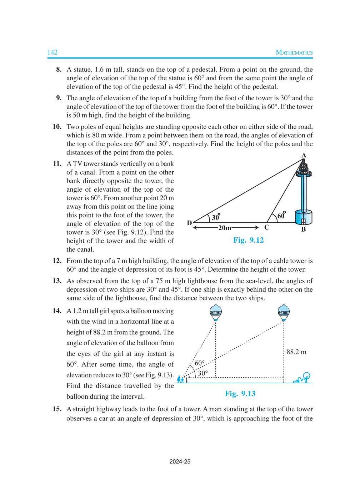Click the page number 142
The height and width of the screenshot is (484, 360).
click(52, 52)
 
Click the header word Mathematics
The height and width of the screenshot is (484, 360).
click(294, 52)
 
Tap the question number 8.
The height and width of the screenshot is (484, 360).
click(59, 70)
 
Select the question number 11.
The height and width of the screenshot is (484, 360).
click(57, 164)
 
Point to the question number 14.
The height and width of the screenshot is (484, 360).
click(57, 311)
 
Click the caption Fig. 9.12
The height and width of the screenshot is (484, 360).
click(248, 240)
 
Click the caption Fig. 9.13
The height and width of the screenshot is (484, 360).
click(240, 394)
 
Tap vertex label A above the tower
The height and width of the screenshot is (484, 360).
click(304, 155)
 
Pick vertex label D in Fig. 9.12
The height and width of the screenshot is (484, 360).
click(189, 223)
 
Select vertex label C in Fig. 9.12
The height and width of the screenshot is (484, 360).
click(266, 227)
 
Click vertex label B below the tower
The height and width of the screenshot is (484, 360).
click(303, 230)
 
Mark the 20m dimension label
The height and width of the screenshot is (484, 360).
click(225, 228)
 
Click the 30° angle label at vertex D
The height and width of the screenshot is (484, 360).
click(216, 217)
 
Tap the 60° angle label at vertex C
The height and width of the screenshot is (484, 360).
click(281, 215)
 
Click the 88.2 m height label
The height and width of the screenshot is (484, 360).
click(296, 352)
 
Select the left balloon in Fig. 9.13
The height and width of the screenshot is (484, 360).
click(215, 312)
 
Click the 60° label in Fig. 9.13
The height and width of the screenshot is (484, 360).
click(200, 363)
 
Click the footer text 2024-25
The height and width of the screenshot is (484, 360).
click(180, 462)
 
